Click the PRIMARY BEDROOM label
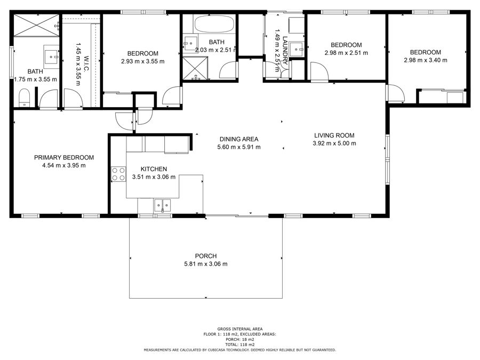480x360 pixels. click(64, 158)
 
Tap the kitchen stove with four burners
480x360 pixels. click(118, 174)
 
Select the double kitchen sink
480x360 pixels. click(163, 205)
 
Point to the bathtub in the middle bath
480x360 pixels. click(214, 24)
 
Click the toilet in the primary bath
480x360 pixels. click(24, 98)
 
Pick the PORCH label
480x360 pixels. click(206, 256)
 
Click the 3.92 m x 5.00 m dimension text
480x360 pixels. click(334, 143)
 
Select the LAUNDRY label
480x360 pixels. click(285, 51)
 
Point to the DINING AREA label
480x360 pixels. click(239, 139)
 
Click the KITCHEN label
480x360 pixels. click(154, 169)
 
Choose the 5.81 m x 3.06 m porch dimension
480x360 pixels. click(206, 264)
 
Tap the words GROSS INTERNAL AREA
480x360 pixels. click(239, 329)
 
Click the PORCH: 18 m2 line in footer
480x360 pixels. click(239, 340)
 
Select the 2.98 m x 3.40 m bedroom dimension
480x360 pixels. click(426, 60)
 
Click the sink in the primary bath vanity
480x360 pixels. click(51, 57)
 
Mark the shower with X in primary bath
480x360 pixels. click(36, 25)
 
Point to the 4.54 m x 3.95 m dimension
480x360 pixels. click(64, 166)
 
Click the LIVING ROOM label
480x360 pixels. click(334, 135)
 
